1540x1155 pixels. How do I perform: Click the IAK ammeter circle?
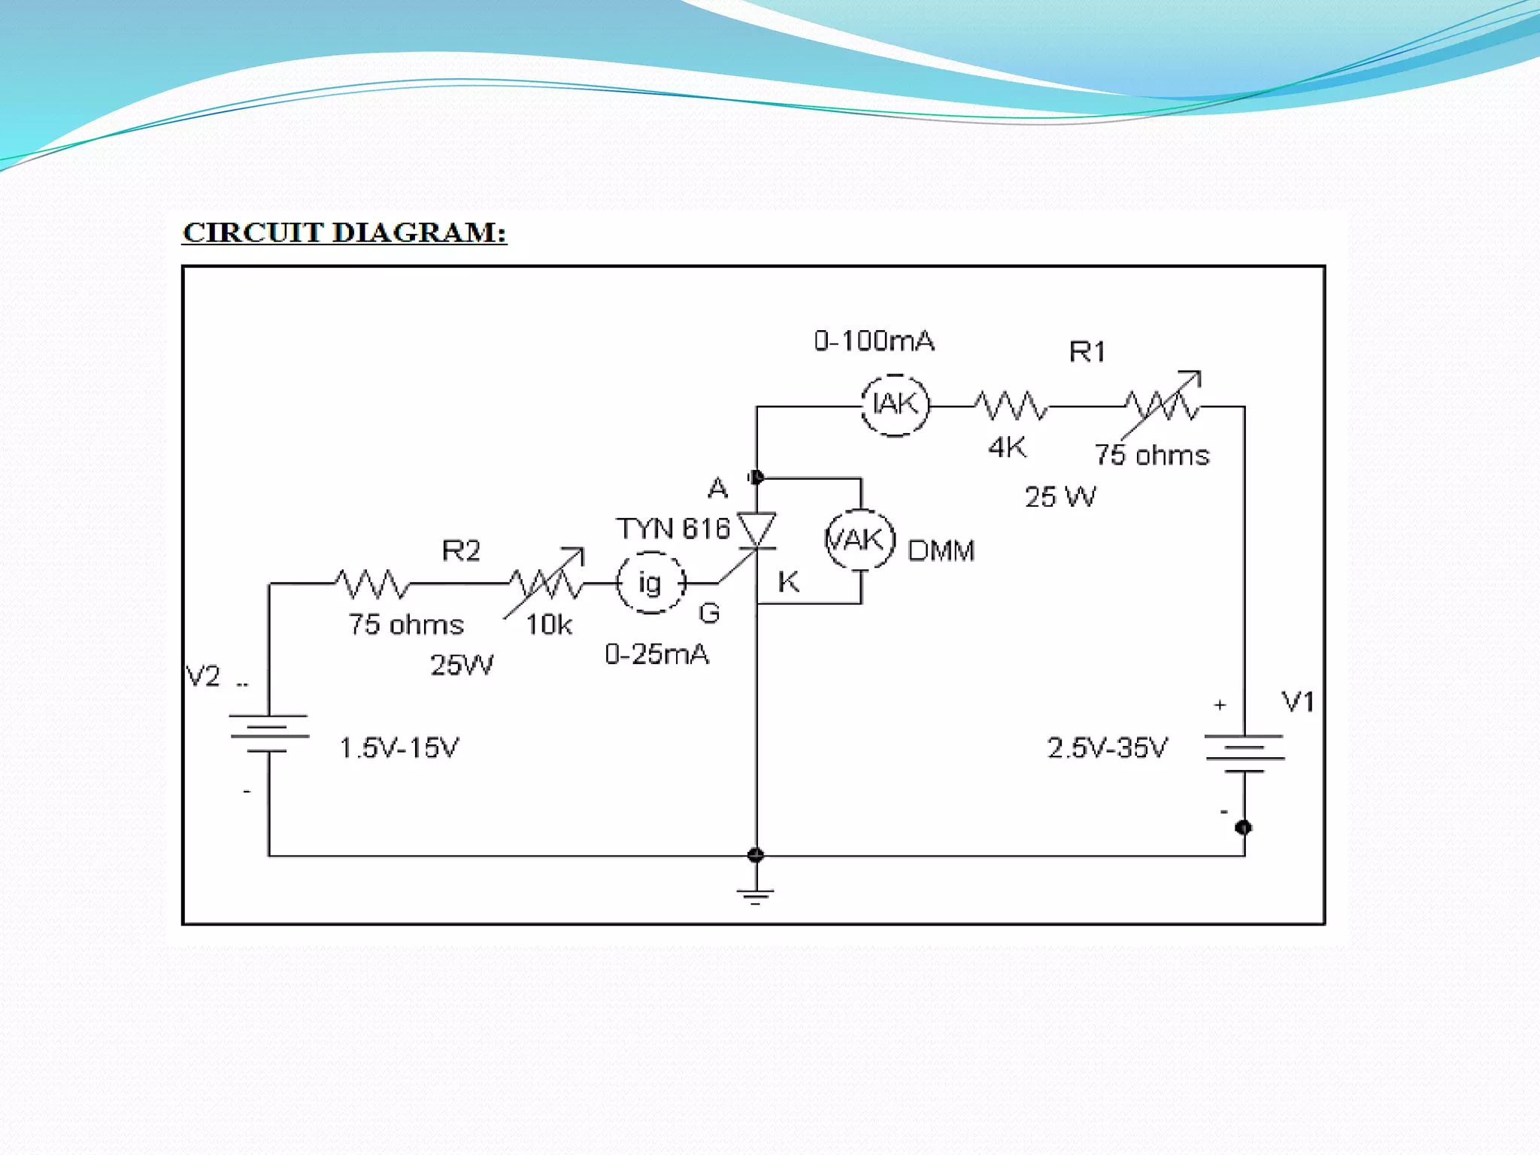(895, 405)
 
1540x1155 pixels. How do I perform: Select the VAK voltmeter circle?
(860, 540)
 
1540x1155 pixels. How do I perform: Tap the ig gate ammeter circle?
(650, 583)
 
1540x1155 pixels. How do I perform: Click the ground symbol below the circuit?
(756, 895)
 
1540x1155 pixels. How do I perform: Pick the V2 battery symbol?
(269, 732)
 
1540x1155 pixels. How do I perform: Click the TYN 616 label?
(673, 529)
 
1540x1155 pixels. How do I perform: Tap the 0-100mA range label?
(875, 341)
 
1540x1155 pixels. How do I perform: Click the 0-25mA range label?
(656, 654)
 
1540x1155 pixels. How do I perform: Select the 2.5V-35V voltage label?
(1108, 747)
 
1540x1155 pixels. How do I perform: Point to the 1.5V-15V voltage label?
(399, 747)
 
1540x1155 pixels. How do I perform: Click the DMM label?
(941, 550)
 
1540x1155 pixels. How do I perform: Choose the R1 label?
(1087, 351)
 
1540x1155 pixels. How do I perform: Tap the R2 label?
(460, 550)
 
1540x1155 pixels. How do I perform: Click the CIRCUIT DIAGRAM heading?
(344, 232)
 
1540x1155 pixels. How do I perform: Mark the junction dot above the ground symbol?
(756, 855)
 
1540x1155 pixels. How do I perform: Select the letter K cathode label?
(788, 581)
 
